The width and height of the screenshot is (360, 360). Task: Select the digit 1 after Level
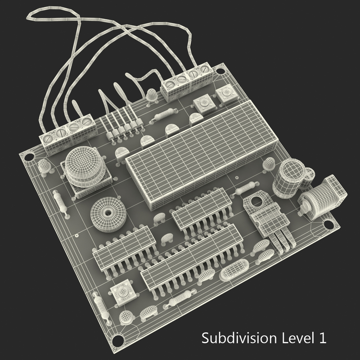coord(321,337)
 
